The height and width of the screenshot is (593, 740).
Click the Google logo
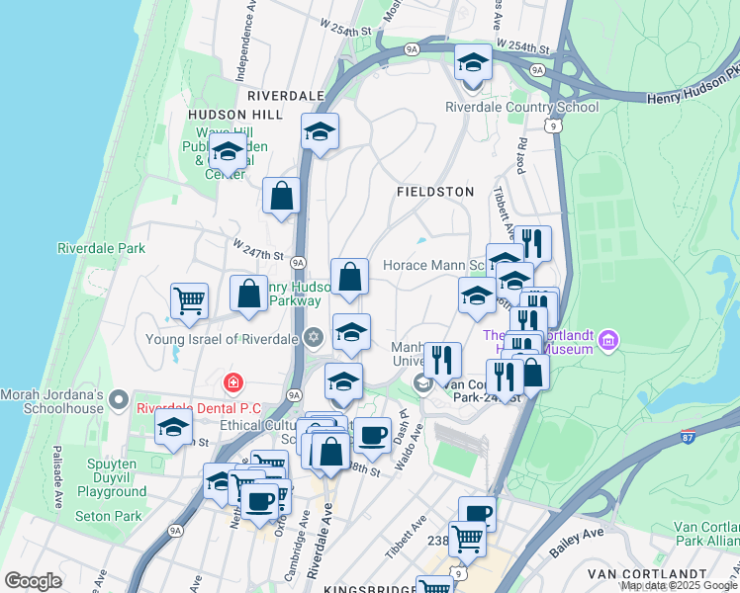pos(34,581)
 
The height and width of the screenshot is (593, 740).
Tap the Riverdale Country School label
pos(521,107)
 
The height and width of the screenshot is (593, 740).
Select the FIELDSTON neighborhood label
pos(435,191)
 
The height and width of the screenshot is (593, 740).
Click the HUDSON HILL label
pos(235,115)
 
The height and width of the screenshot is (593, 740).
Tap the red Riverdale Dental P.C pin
pos(232,381)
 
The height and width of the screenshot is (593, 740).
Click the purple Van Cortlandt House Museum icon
pos(608,343)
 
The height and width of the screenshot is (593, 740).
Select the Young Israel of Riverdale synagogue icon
pos(314,338)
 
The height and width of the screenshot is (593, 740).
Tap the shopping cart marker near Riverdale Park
pos(189,300)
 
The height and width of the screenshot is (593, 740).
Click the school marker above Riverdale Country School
pos(473,63)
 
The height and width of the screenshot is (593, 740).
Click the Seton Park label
pos(109,516)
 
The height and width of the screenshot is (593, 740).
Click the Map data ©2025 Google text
pos(679,586)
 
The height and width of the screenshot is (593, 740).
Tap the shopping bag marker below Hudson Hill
pos(282,197)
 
